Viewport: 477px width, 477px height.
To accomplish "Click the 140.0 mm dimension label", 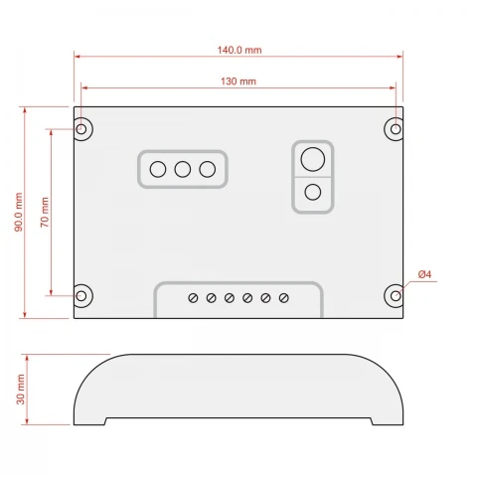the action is tap(239, 50).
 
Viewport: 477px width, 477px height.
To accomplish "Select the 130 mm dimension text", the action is tap(238, 81).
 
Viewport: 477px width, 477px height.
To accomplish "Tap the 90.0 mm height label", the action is tap(19, 212).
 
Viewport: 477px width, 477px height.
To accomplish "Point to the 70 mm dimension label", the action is tap(45, 212).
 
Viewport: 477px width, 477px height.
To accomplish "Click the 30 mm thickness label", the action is tap(21, 390).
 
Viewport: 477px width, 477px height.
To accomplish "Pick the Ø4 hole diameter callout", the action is tap(424, 274).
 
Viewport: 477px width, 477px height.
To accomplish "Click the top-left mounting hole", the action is tap(81, 129).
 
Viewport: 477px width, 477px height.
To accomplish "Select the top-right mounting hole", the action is tap(396, 129).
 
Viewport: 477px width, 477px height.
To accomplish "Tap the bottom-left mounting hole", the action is tap(81, 296).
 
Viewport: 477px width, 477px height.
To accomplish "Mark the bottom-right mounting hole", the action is tap(396, 296).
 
